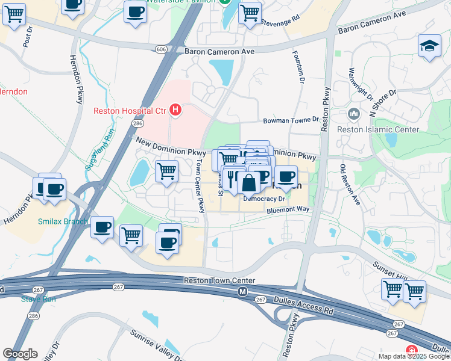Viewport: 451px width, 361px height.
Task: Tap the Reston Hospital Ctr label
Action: point(130,110)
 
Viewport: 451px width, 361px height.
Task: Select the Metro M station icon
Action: point(242,292)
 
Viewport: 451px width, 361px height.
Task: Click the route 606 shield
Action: point(160,49)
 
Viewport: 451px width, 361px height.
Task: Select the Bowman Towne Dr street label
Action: point(290,120)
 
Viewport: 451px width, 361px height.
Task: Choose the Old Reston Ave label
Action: point(350,184)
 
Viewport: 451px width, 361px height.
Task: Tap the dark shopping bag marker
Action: point(248,183)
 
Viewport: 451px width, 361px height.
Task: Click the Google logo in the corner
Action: point(20,354)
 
